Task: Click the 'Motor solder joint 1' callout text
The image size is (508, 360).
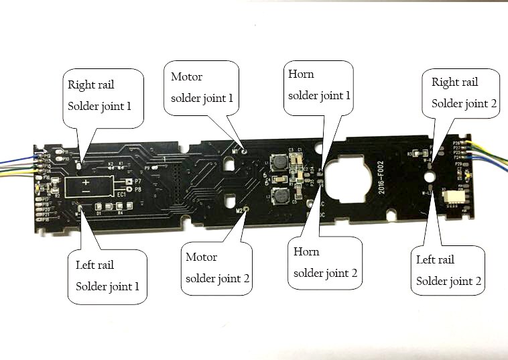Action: pyautogui.click(x=202, y=87)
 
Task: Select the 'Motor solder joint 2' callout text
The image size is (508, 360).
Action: pyautogui.click(x=217, y=267)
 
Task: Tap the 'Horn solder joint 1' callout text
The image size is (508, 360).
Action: pyautogui.click(x=318, y=84)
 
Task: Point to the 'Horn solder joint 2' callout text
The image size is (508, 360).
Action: pyautogui.click(x=325, y=262)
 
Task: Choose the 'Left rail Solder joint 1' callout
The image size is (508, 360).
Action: pyautogui.click(x=107, y=276)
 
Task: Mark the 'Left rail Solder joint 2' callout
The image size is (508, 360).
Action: pyautogui.click(x=448, y=270)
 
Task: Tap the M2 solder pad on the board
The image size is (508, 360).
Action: pyautogui.click(x=246, y=211)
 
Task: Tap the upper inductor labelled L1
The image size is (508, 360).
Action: pyautogui.click(x=278, y=167)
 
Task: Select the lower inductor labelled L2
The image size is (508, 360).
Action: pyautogui.click(x=279, y=196)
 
